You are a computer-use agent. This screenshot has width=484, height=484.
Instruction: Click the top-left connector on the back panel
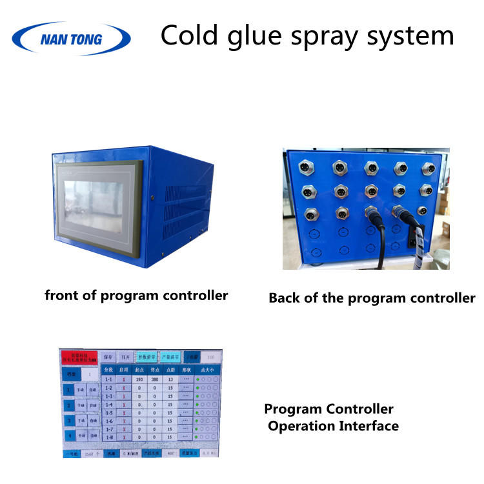pyautogui.click(x=303, y=168)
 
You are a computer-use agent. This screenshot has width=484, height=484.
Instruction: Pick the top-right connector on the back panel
pyautogui.click(x=427, y=168)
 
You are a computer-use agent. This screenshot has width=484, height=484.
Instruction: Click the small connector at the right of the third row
pyautogui.click(x=422, y=211)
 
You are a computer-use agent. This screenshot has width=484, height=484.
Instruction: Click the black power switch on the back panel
pyautogui.click(x=413, y=243)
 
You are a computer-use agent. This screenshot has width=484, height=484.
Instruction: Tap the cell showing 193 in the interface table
pyautogui.click(x=139, y=379)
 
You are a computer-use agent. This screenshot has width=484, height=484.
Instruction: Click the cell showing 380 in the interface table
pyautogui.click(x=155, y=379)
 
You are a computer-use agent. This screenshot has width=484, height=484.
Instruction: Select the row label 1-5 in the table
pyautogui.click(x=109, y=413)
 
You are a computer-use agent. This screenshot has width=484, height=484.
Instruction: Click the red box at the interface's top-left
pyautogui.click(x=79, y=357)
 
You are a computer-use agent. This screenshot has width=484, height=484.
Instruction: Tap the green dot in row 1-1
pyautogui.click(x=197, y=379)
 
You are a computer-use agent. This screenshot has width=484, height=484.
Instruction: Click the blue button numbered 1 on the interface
pyautogui.click(x=69, y=390)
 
